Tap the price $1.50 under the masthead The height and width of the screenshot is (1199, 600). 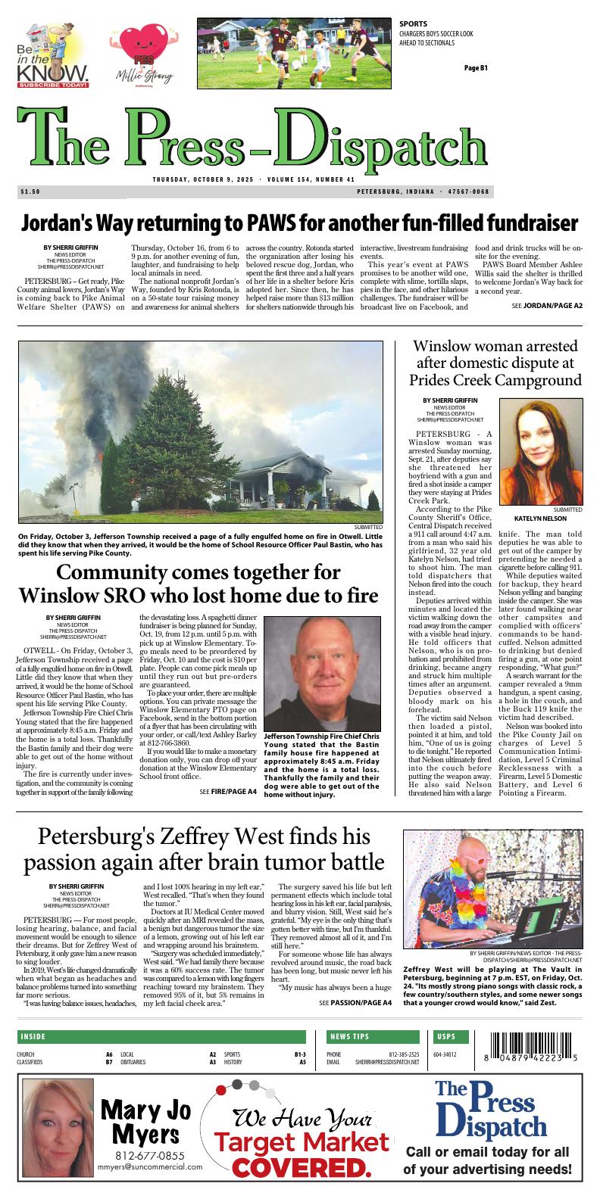point(31,192)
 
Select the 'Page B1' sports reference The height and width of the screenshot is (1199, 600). point(476,69)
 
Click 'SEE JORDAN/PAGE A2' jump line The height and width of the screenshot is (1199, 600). point(547,306)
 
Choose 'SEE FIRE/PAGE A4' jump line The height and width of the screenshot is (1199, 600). point(228,791)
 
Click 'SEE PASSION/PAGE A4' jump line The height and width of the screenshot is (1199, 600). point(355,1003)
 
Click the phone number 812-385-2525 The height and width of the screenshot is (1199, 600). point(404,1054)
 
